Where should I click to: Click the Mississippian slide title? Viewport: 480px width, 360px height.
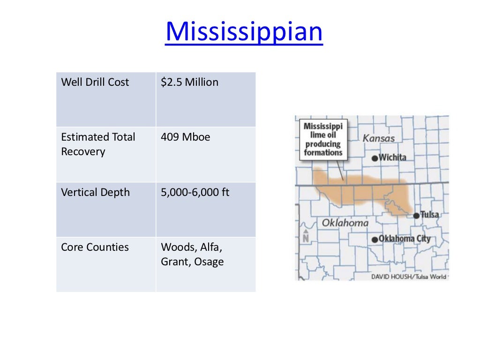pos(244,31)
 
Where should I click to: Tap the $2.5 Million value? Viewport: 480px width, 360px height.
pos(189,82)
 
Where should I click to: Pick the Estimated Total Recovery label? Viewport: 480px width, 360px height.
pos(98,144)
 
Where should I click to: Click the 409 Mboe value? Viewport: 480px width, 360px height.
pos(185,137)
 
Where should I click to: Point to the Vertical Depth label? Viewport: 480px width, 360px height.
pos(95,192)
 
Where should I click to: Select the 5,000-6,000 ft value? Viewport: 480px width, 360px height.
pos(195,192)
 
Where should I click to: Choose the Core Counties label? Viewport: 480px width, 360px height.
pos(95,247)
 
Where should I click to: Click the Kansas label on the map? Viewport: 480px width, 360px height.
pos(379,138)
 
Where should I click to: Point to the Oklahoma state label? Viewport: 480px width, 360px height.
pos(345,223)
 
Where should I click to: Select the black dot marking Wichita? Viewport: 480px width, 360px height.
pos(375,158)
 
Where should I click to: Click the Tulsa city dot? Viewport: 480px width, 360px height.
pos(416,216)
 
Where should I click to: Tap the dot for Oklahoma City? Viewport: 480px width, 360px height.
pos(375,240)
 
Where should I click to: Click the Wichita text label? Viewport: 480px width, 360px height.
pos(392,157)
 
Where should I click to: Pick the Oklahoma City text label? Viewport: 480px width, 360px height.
pos(404,239)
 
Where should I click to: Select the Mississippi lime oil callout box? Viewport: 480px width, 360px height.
pos(323,139)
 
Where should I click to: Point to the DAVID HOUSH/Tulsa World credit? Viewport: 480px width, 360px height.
pos(409,277)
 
